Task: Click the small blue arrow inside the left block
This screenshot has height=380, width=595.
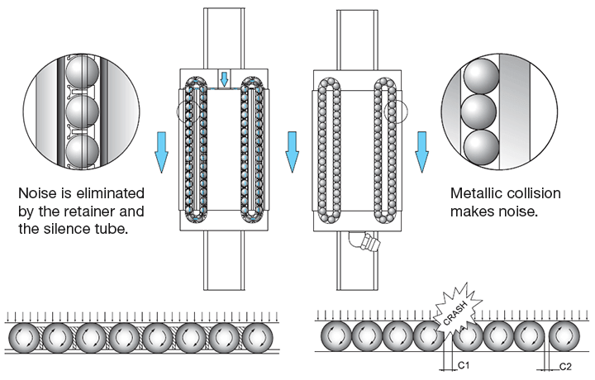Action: pos(223,79)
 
